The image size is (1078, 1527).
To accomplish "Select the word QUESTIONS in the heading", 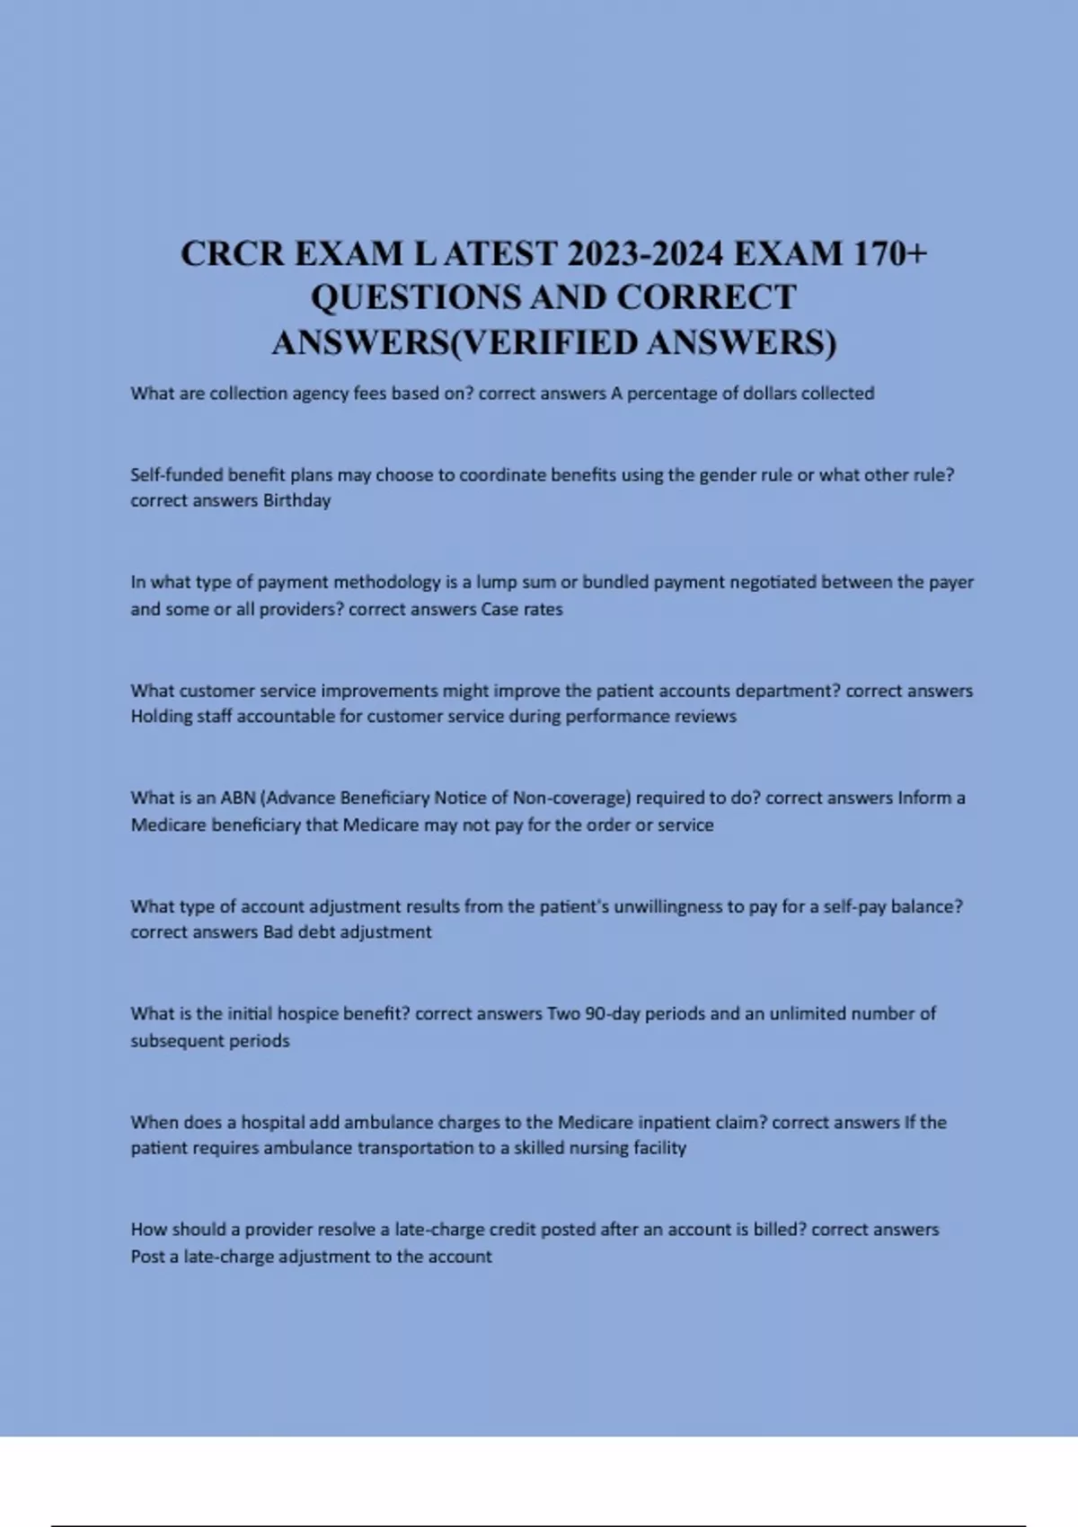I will coord(414,298).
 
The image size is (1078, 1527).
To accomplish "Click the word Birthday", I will coord(296,501).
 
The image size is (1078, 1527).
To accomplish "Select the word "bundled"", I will coord(615,582).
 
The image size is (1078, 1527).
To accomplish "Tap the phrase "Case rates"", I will coord(522,609).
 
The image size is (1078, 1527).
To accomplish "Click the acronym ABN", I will coord(238,798).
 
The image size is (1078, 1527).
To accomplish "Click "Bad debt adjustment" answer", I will coord(347,932).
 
